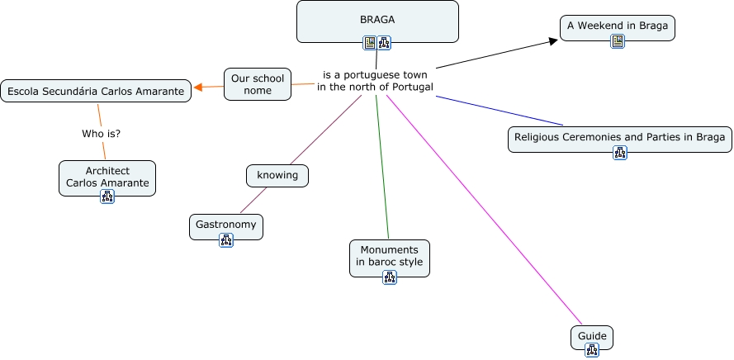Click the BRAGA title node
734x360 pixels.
[x=377, y=20]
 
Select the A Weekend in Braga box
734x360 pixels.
[x=617, y=26]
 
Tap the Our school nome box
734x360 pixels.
[x=258, y=84]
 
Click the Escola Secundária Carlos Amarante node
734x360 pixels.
[x=96, y=91]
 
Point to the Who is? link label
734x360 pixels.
[x=102, y=133]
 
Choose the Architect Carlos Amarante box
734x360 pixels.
[x=107, y=177]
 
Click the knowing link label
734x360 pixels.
[x=277, y=175]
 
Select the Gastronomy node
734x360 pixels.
[x=226, y=224]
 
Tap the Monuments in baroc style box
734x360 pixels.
[x=390, y=255]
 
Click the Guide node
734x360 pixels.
[x=592, y=336]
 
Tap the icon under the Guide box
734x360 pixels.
[x=592, y=350]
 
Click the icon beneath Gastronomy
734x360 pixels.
[x=226, y=239]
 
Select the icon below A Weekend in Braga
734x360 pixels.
[x=618, y=41]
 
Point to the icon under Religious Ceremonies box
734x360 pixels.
[x=620, y=152]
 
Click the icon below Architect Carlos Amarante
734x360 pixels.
[x=107, y=196]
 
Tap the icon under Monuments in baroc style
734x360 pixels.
[x=390, y=277]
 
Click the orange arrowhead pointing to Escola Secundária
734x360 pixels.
[x=198, y=88]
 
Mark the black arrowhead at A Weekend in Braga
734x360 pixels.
[x=554, y=40]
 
